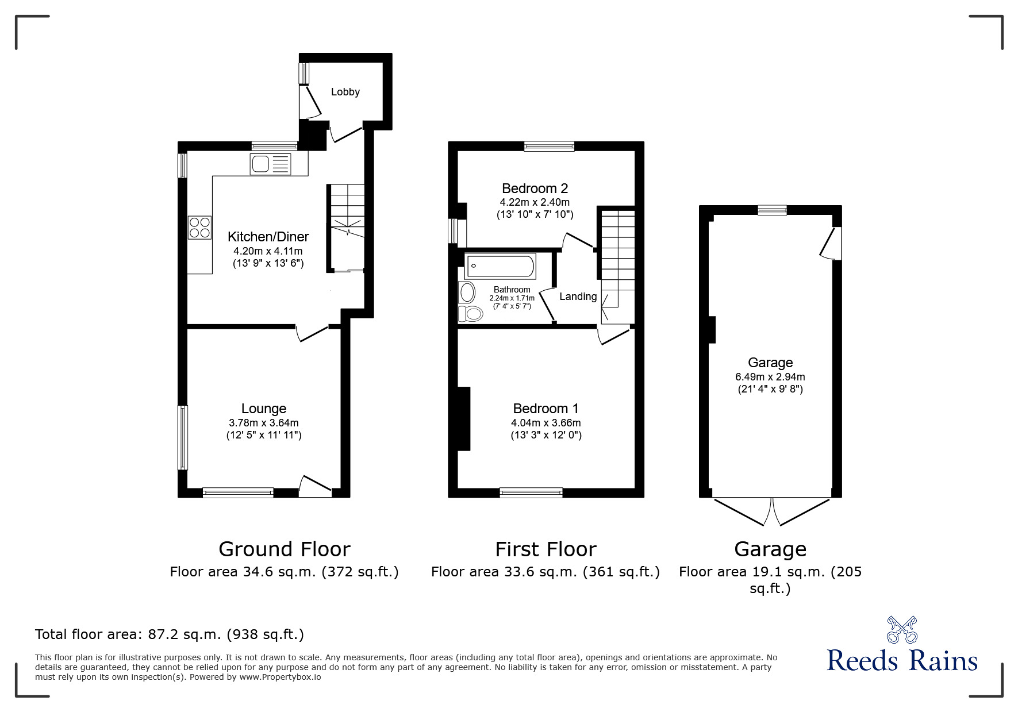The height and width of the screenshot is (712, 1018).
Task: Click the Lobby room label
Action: pyautogui.click(x=345, y=92)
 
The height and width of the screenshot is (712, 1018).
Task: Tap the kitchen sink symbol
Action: pyautogui.click(x=270, y=164)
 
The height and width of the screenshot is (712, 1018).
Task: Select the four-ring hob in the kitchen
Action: pyautogui.click(x=199, y=227)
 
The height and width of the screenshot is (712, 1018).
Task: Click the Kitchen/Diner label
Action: pyautogui.click(x=268, y=237)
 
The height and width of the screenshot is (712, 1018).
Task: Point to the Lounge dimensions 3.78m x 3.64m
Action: pyautogui.click(x=263, y=422)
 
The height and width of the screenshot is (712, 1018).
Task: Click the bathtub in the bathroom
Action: pyautogui.click(x=500, y=267)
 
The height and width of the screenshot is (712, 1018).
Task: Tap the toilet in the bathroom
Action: pyautogui.click(x=471, y=314)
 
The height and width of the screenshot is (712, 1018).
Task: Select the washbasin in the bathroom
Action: pyautogui.click(x=467, y=293)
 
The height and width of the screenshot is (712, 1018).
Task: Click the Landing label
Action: pyautogui.click(x=578, y=297)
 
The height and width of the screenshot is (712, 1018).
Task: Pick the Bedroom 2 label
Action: pyautogui.click(x=535, y=188)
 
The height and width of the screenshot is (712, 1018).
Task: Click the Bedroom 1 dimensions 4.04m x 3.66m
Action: pyautogui.click(x=546, y=422)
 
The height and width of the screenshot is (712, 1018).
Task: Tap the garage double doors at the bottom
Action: pyautogui.click(x=770, y=511)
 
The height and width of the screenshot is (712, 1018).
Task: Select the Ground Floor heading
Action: pyautogui.click(x=284, y=549)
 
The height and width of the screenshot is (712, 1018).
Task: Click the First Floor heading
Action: pyautogui.click(x=546, y=549)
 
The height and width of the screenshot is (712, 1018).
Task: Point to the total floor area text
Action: pyautogui.click(x=170, y=634)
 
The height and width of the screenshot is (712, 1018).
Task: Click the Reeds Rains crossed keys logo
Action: pyautogui.click(x=902, y=630)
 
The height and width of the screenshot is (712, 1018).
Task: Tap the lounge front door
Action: pyautogui.click(x=315, y=486)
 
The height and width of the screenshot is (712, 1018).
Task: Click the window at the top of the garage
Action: pyautogui.click(x=771, y=210)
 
